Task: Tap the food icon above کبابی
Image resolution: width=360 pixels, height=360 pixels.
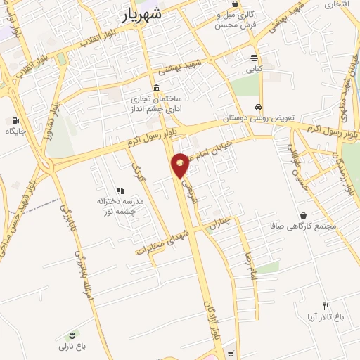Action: pyautogui.click(x=253, y=58)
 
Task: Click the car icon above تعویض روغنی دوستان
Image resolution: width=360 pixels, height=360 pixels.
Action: pyautogui.click(x=259, y=107)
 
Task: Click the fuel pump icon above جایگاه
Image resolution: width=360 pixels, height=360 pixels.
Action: pyautogui.click(x=15, y=120)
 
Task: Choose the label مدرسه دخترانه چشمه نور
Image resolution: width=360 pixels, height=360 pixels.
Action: pyautogui.click(x=120, y=205)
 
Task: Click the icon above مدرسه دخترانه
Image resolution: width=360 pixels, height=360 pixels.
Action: pyautogui.click(x=120, y=191)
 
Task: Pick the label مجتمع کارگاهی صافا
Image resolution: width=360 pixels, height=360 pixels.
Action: pyautogui.click(x=304, y=226)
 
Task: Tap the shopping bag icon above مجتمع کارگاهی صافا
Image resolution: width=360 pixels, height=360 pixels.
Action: pyautogui.click(x=303, y=215)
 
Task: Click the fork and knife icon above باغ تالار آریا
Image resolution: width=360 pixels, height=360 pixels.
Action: pyautogui.click(x=326, y=305)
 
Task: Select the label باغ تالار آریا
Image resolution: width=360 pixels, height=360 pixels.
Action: pyautogui.click(x=325, y=317)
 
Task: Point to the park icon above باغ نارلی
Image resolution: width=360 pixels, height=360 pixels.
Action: pyautogui.click(x=72, y=335)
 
